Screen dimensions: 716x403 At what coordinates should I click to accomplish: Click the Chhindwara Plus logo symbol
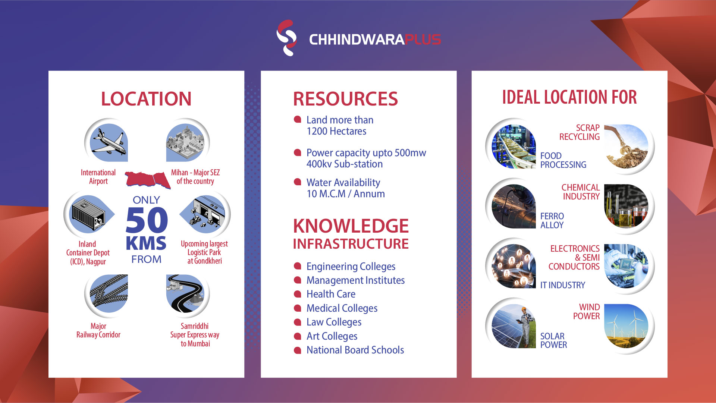click(x=286, y=38)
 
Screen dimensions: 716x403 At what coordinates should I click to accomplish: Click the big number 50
click(x=147, y=220)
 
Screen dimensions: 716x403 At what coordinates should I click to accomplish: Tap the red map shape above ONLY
click(x=148, y=179)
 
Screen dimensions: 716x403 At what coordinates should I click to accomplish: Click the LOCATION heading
click(x=146, y=99)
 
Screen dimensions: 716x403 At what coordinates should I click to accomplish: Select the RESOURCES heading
click(x=345, y=99)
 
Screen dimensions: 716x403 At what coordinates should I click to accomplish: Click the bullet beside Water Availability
click(x=298, y=182)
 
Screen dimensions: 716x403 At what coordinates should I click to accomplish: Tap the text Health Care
click(x=331, y=294)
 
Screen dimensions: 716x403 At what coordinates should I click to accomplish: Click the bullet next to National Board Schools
click(x=298, y=350)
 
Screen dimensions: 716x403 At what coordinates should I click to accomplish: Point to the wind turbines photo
click(x=626, y=326)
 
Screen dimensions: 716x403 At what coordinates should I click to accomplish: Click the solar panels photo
click(x=514, y=326)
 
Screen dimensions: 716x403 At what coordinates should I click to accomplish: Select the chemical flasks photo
click(x=626, y=206)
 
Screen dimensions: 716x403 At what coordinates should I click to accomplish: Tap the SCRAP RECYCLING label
click(x=580, y=132)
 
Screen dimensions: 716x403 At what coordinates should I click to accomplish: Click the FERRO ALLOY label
click(x=552, y=221)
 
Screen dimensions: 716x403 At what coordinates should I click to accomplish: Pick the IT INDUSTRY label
click(x=563, y=285)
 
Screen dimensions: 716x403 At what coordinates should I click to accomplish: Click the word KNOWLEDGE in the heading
click(x=351, y=226)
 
